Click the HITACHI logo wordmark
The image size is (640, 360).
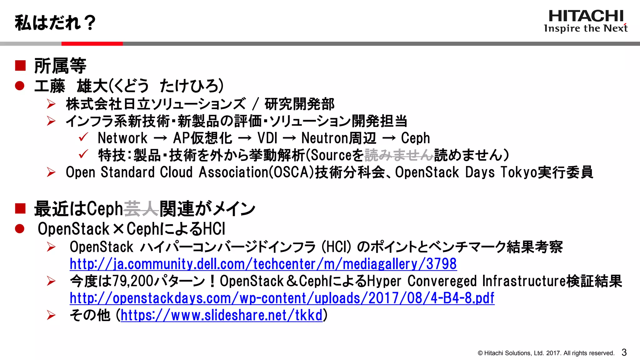point(586,16)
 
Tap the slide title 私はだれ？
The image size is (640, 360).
point(55,23)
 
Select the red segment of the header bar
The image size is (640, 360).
point(92,44)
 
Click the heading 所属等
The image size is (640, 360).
point(60,66)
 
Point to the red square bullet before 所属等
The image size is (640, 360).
point(20,66)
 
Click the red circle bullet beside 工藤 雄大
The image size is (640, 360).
point(20,86)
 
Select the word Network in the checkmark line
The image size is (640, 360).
point(122,138)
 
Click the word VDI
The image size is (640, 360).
point(267,138)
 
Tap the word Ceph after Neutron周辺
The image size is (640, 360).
point(415,138)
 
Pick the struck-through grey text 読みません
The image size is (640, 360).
point(399,155)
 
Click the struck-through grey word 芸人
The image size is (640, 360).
point(141,209)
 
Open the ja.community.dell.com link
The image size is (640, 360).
point(263,264)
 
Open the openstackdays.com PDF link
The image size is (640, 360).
point(282,298)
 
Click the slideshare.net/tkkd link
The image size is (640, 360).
point(221,315)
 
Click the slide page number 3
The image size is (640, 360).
point(624,352)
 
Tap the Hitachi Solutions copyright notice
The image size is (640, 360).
point(546,353)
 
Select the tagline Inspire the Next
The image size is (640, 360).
point(586,28)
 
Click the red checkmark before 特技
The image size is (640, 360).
point(83,154)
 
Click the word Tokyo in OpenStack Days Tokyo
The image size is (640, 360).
point(518,172)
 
